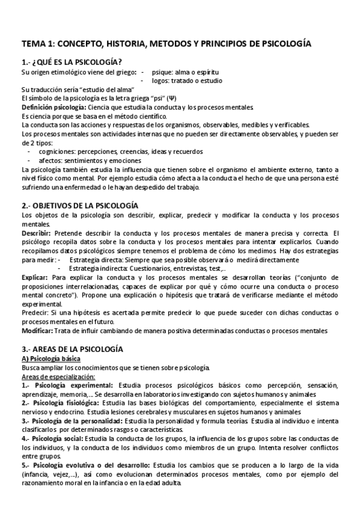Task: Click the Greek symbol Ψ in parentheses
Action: (172, 98)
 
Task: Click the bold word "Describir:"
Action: (36, 233)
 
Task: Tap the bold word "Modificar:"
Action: (37, 331)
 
